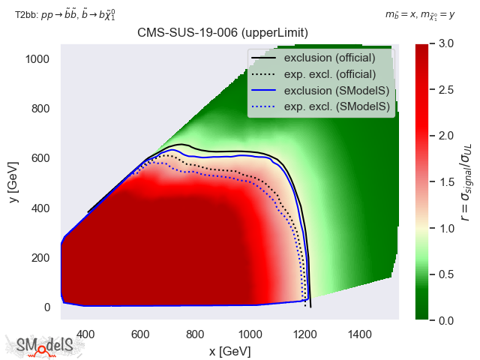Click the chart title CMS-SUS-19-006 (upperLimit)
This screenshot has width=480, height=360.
[223, 32]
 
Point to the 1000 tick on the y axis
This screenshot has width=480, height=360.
[40, 58]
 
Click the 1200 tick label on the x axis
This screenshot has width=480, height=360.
[304, 334]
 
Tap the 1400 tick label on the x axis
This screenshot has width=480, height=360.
[359, 334]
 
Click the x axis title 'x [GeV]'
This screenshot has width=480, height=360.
[229, 351]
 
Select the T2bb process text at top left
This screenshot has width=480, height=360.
[65, 14]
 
